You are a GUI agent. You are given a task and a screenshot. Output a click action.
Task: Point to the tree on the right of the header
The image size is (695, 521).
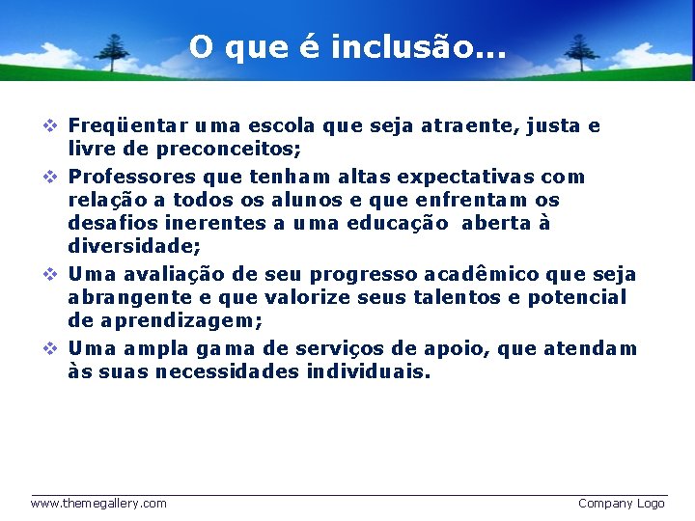coord(579,50)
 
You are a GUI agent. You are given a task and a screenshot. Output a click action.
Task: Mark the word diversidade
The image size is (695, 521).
coord(134,247)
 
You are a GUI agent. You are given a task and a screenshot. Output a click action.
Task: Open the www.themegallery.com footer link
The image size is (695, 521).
coord(98,503)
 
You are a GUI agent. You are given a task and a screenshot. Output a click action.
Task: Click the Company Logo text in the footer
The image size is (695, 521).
coord(621,503)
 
